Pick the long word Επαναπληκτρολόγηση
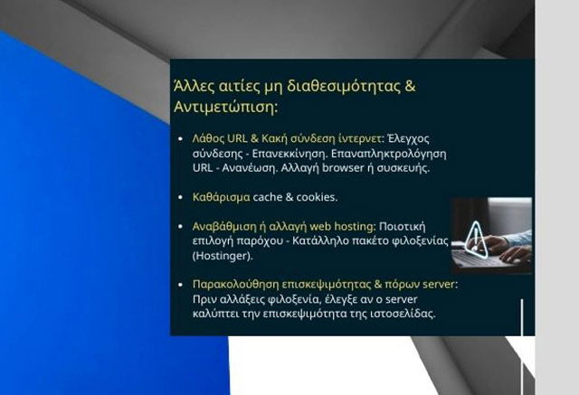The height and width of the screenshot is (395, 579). [396, 154]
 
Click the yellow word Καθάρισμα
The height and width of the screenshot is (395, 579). [221, 197]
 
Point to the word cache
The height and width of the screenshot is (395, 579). [268, 197]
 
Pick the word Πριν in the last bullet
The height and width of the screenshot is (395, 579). [204, 298]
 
